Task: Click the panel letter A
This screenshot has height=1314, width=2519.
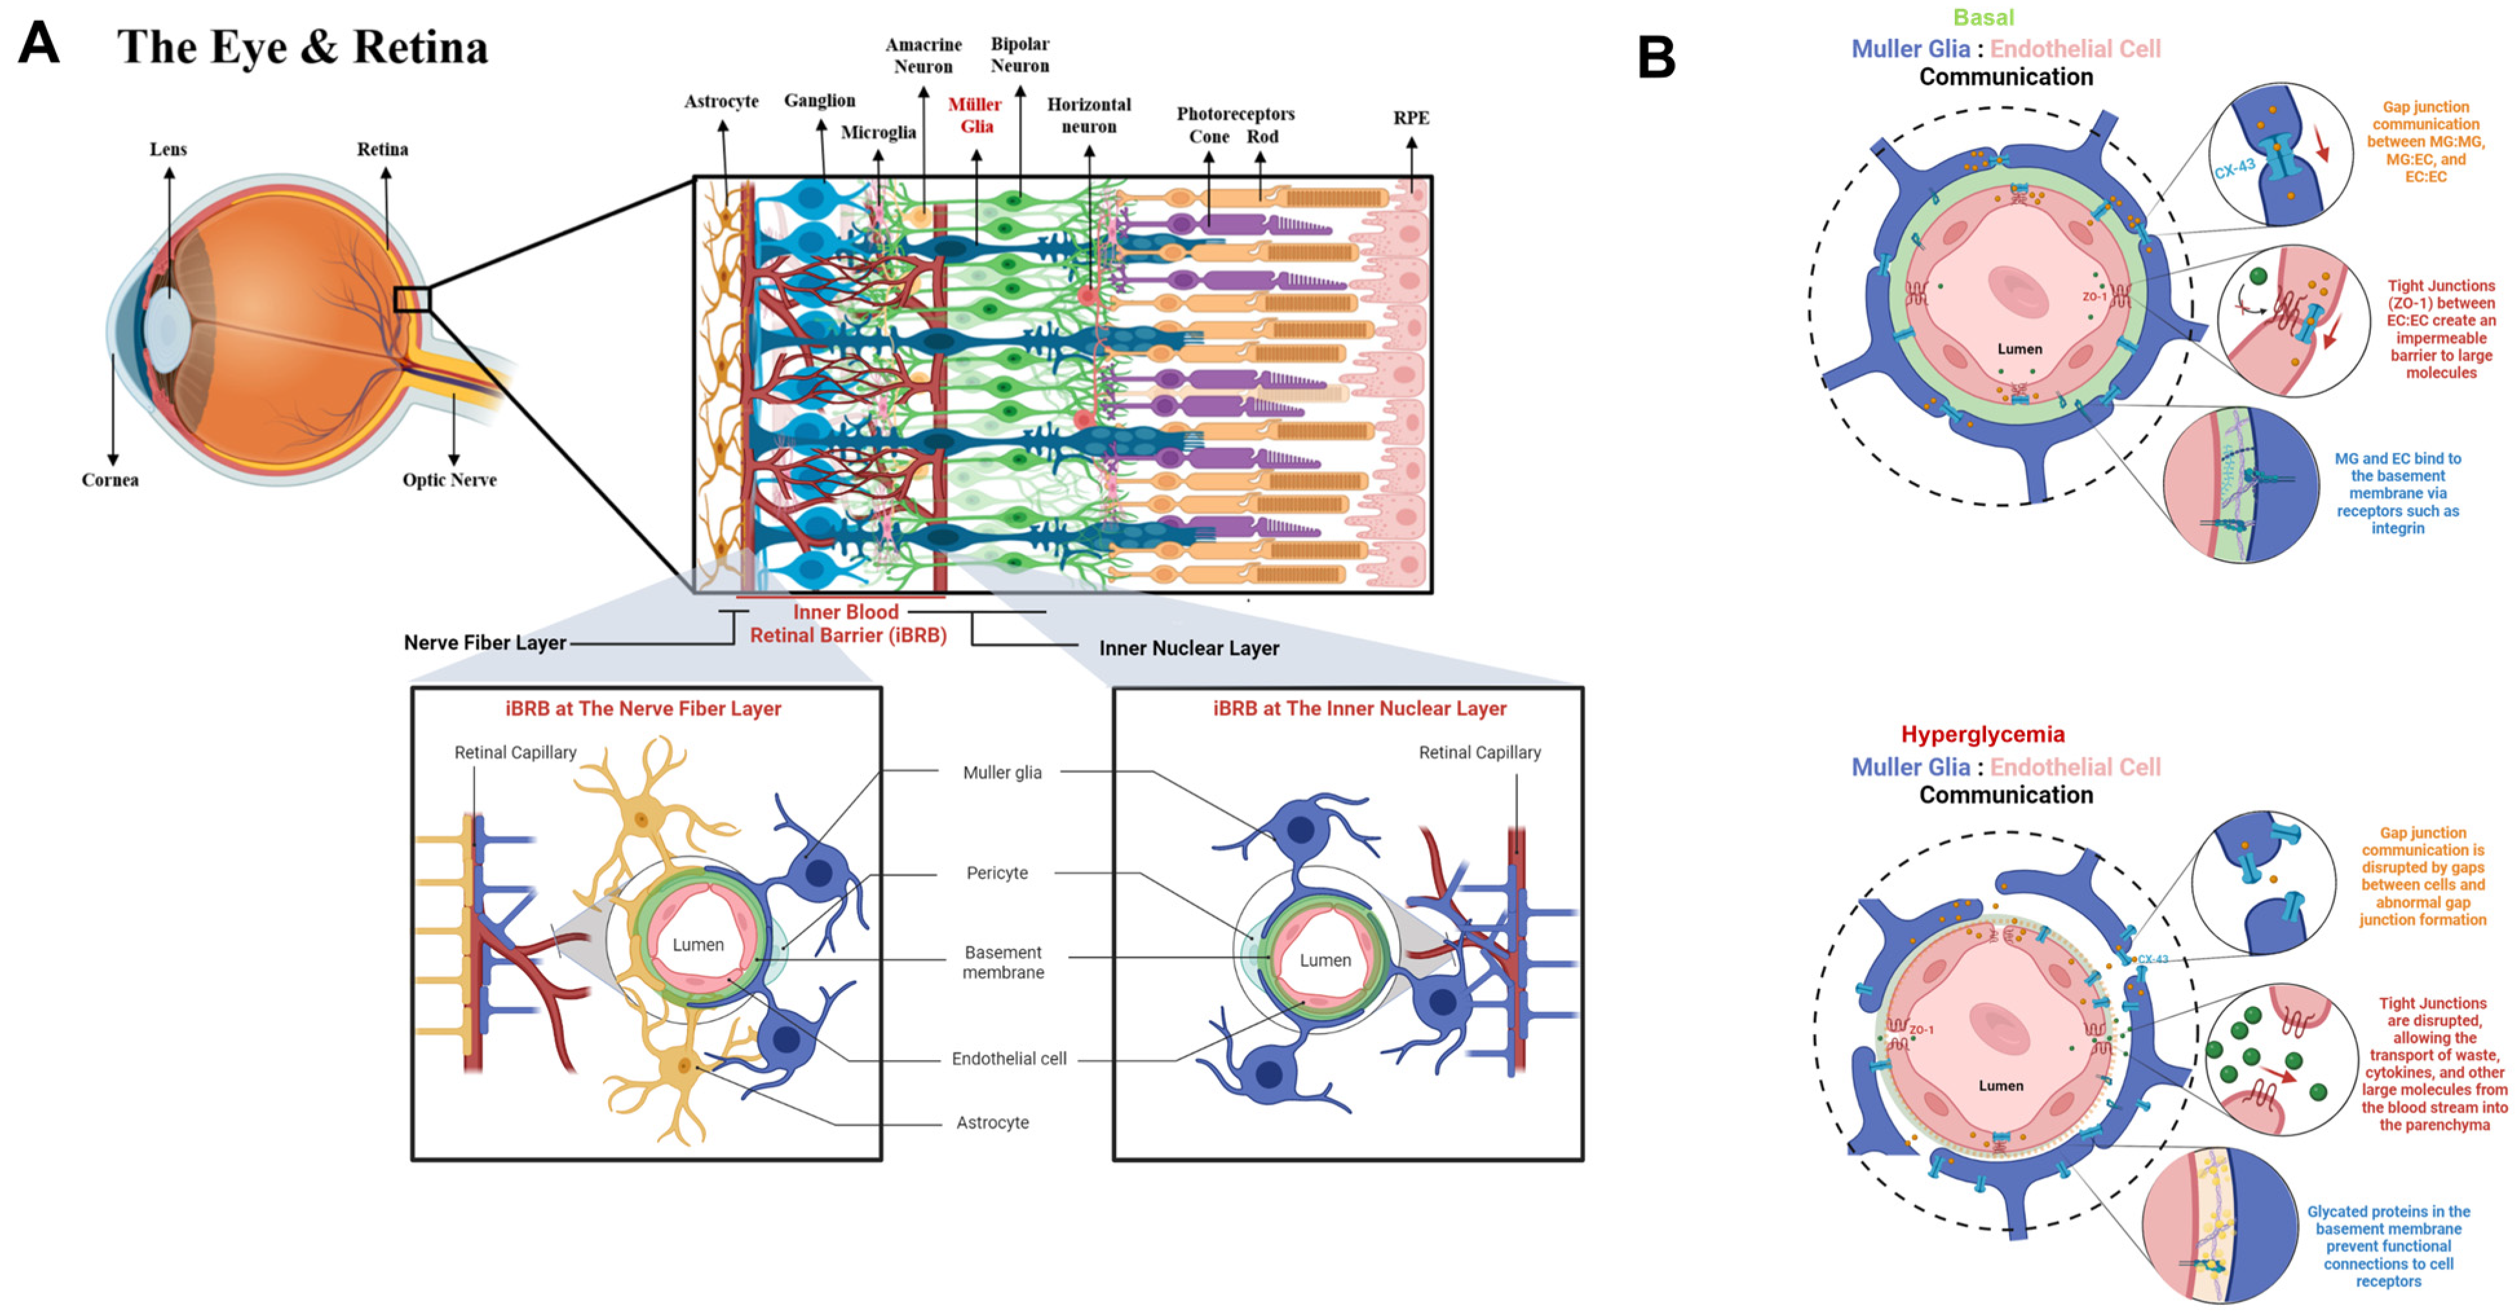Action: (39, 44)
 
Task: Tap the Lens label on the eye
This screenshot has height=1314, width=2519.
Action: (168, 149)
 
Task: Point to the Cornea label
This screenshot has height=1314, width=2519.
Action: (109, 480)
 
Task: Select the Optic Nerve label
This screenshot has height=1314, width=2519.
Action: (449, 480)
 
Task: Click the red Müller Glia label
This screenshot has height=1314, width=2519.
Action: (975, 115)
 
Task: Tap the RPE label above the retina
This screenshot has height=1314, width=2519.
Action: (1411, 118)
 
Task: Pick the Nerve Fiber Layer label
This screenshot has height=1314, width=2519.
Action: (485, 643)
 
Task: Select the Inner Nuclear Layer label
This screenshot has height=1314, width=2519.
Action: (1188, 648)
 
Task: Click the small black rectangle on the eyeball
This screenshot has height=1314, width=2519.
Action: (412, 299)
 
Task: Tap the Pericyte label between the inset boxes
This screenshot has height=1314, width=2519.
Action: (996, 873)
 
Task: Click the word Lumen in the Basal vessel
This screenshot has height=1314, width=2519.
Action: (2019, 349)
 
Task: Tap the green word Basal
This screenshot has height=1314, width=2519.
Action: (1983, 17)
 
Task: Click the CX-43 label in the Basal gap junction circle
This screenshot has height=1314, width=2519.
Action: (2235, 170)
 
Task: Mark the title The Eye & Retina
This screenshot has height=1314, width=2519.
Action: (302, 47)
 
